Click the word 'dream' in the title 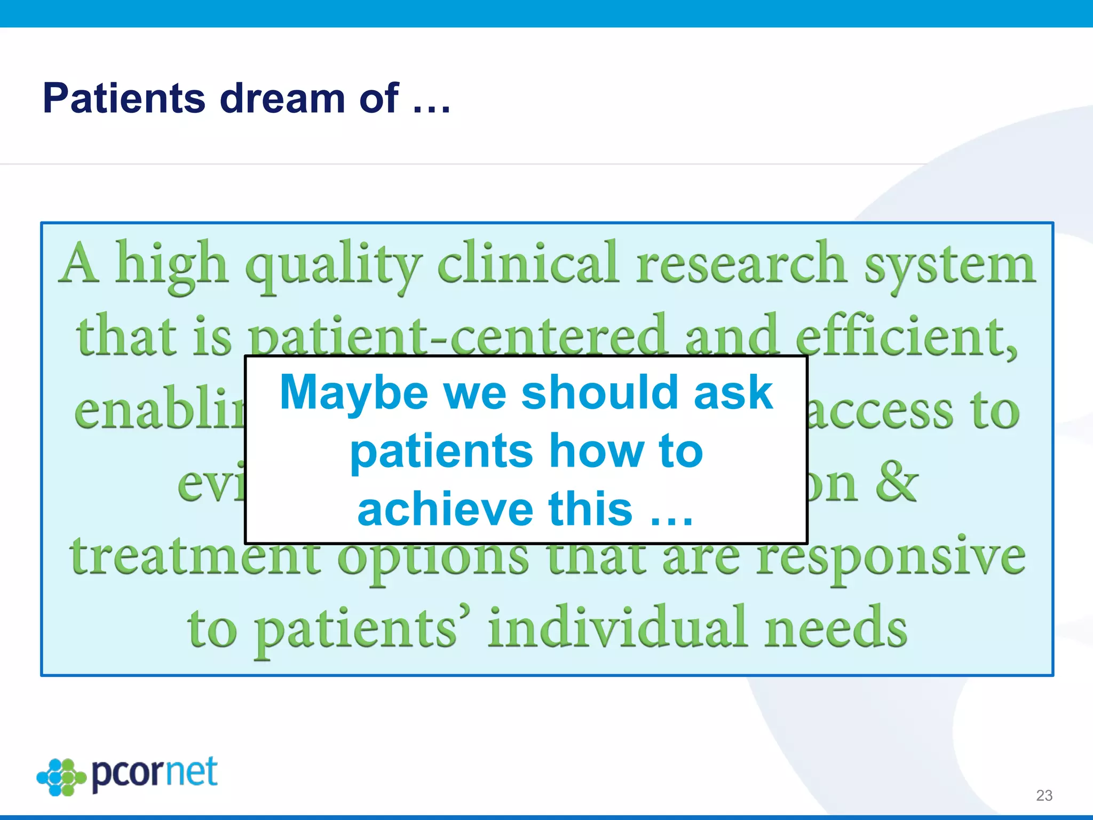coord(282,98)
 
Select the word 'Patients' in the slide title coord(124,98)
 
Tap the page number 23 coord(1044,795)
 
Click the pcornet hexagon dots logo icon coord(61,777)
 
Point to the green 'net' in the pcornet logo coord(191,772)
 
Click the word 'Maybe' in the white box coord(353,393)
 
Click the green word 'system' coord(950,265)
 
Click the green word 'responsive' coord(891,558)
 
